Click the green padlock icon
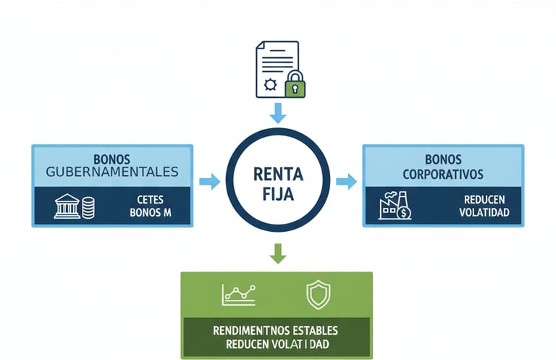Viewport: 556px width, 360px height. [x=295, y=85]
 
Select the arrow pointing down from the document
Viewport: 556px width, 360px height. [x=278, y=112]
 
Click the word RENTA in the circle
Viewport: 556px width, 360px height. [x=278, y=174]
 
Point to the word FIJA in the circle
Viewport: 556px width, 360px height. [x=278, y=193]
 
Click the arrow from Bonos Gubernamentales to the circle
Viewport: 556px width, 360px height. [x=209, y=182]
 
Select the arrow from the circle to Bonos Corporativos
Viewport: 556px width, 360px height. [x=347, y=182]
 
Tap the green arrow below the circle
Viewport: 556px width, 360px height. [x=278, y=253]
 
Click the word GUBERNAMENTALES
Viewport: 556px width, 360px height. [x=111, y=172]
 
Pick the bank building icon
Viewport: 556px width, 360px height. [x=67, y=206]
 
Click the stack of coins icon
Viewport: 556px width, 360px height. [x=88, y=208]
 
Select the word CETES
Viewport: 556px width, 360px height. [x=150, y=199]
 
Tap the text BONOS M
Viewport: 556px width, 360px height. [x=150, y=213]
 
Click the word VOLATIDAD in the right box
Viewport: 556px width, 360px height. [x=484, y=213]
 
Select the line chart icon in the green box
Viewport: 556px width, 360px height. [x=240, y=292]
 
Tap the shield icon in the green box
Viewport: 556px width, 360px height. [x=318, y=294]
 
